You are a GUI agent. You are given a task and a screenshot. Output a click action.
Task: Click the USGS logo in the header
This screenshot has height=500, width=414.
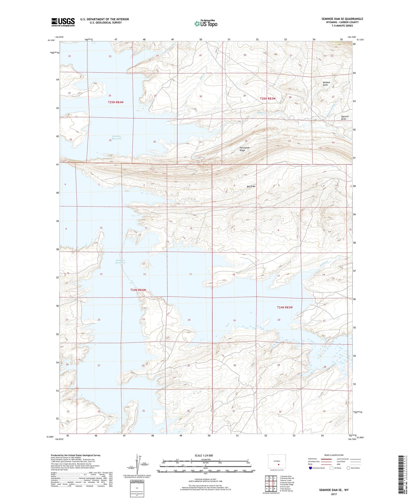point(63,22)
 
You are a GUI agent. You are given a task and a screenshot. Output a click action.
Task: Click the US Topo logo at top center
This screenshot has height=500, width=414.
point(205,23)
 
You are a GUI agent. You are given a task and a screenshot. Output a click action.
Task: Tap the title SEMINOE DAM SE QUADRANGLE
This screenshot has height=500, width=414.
point(342,19)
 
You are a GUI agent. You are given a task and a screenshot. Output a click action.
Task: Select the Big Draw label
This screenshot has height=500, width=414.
point(251,186)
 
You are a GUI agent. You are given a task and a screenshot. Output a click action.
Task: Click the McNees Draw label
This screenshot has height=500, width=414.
point(326,84)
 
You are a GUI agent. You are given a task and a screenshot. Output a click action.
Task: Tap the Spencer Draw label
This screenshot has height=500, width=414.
point(345,118)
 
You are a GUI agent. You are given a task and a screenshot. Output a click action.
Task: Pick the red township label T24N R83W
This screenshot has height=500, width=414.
point(285,307)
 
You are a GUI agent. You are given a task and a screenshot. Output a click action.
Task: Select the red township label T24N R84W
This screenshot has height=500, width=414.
point(138,290)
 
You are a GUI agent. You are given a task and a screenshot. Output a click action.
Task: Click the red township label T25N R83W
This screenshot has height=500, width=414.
point(268,99)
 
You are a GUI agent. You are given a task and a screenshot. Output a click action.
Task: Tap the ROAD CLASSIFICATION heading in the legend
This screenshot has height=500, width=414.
point(334,455)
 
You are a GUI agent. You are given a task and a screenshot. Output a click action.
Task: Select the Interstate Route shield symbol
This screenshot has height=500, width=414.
point(311,468)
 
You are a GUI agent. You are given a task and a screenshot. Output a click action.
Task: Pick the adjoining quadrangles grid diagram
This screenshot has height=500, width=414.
point(270,483)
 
